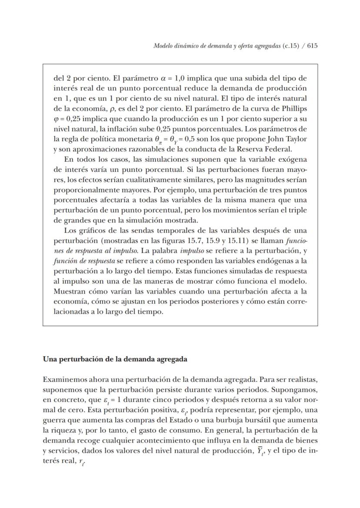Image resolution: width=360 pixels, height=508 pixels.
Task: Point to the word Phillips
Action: pyautogui.click(x=295, y=108)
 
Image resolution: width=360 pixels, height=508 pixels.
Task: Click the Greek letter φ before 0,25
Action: pyautogui.click(x=56, y=118)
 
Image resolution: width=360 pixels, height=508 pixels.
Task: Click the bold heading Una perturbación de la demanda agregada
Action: pyautogui.click(x=115, y=360)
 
